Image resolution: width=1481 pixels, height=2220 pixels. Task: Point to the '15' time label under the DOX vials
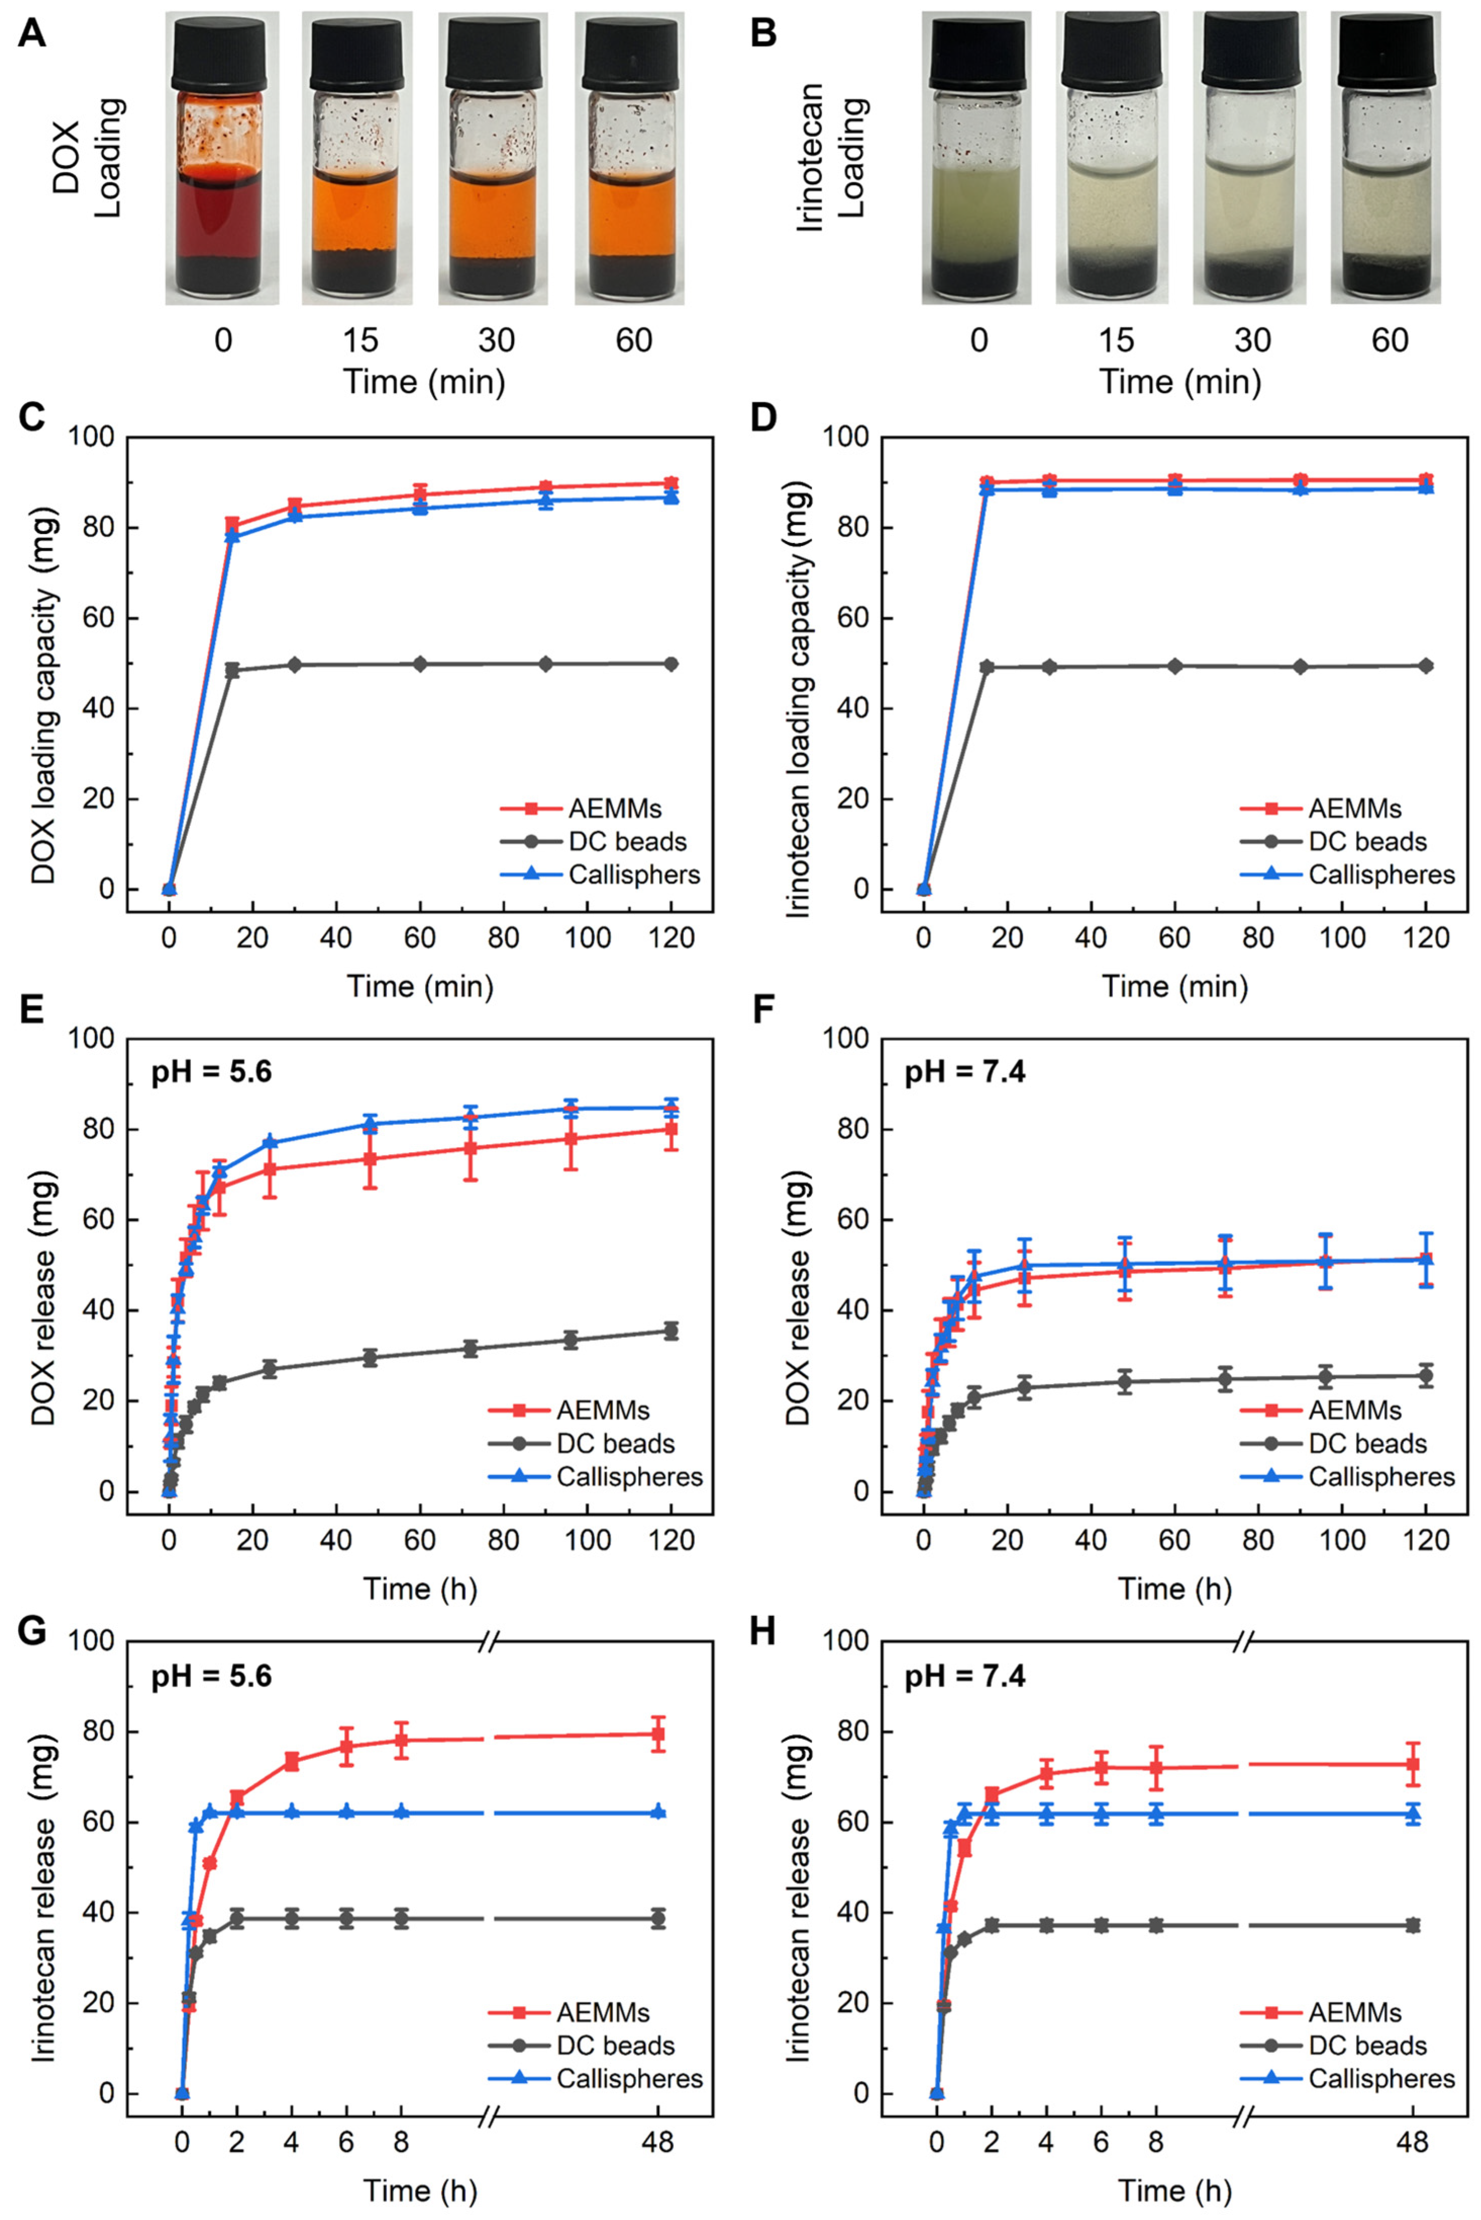tap(360, 340)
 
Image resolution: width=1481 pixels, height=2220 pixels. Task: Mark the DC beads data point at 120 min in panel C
tap(671, 664)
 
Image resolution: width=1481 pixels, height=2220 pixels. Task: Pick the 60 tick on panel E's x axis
tap(419, 1540)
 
